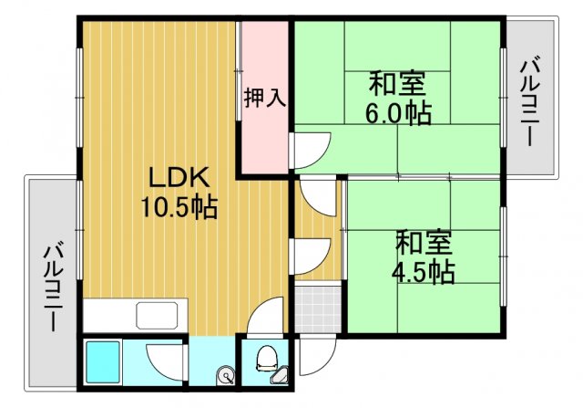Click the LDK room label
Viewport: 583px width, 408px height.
[178, 177]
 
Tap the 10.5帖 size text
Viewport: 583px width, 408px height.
[178, 208]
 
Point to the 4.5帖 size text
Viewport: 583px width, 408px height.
[424, 271]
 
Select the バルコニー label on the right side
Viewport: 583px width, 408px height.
[530, 99]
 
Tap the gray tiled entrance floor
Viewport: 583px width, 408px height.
[318, 310]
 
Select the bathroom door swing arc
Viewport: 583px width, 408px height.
[164, 358]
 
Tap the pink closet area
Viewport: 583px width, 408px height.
[264, 128]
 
